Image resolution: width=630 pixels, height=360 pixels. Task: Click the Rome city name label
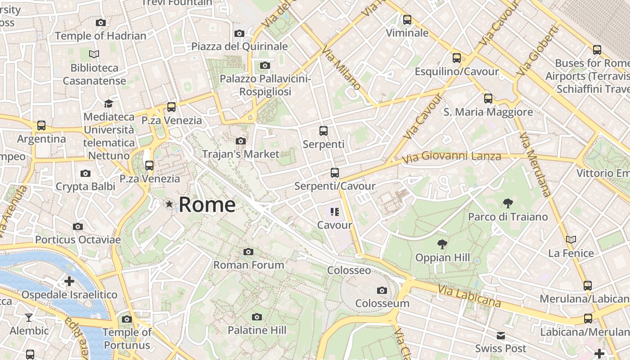coord(207,205)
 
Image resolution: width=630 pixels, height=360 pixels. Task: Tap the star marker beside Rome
coord(169,204)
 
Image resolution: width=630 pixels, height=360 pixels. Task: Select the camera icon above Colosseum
coord(382,290)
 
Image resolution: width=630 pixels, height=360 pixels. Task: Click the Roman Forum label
coord(248,265)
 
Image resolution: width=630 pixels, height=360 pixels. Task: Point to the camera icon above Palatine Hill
coord(257,317)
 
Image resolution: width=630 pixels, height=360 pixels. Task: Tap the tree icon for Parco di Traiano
coord(508,203)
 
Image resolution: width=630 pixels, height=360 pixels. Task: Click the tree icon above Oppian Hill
coord(442,244)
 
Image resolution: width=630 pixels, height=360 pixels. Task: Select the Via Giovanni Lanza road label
coord(451,157)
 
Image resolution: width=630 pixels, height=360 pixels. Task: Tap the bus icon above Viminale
coord(407,20)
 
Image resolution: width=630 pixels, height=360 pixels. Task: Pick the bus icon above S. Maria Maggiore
coord(488,99)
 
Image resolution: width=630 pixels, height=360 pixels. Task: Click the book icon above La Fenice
coord(571,240)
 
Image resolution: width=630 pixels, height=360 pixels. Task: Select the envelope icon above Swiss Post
coord(501,336)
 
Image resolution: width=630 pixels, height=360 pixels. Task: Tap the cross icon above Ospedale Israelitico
coord(69,282)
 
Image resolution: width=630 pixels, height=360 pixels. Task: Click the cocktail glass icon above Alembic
coord(29,318)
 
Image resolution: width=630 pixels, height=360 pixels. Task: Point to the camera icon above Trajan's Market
coord(241,141)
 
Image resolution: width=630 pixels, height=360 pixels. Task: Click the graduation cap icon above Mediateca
coord(108,104)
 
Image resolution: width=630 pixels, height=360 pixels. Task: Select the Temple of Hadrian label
coord(100,36)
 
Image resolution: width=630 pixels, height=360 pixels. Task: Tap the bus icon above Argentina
coord(41,126)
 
